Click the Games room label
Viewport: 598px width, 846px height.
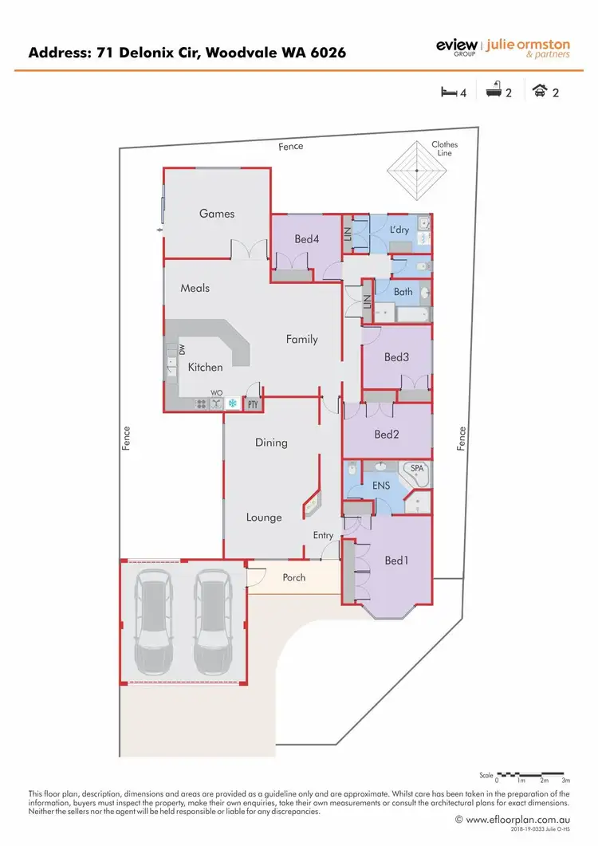[x=217, y=213]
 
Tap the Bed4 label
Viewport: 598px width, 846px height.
[x=306, y=238]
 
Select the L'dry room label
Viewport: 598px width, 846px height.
[x=399, y=230]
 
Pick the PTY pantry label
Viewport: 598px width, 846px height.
[x=254, y=404]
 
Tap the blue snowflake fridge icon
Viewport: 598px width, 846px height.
[x=233, y=403]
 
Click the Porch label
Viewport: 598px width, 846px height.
[x=294, y=577]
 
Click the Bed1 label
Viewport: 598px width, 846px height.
[x=396, y=561]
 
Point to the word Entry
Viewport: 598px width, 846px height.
[x=323, y=535]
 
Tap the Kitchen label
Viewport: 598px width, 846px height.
[x=205, y=368]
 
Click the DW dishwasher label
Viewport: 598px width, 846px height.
[x=182, y=349]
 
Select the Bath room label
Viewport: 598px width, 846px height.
[x=403, y=292]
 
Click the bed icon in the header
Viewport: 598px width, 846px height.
[x=449, y=92]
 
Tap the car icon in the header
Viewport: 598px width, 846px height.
[x=540, y=92]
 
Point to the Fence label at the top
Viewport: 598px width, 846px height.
[x=291, y=147]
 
